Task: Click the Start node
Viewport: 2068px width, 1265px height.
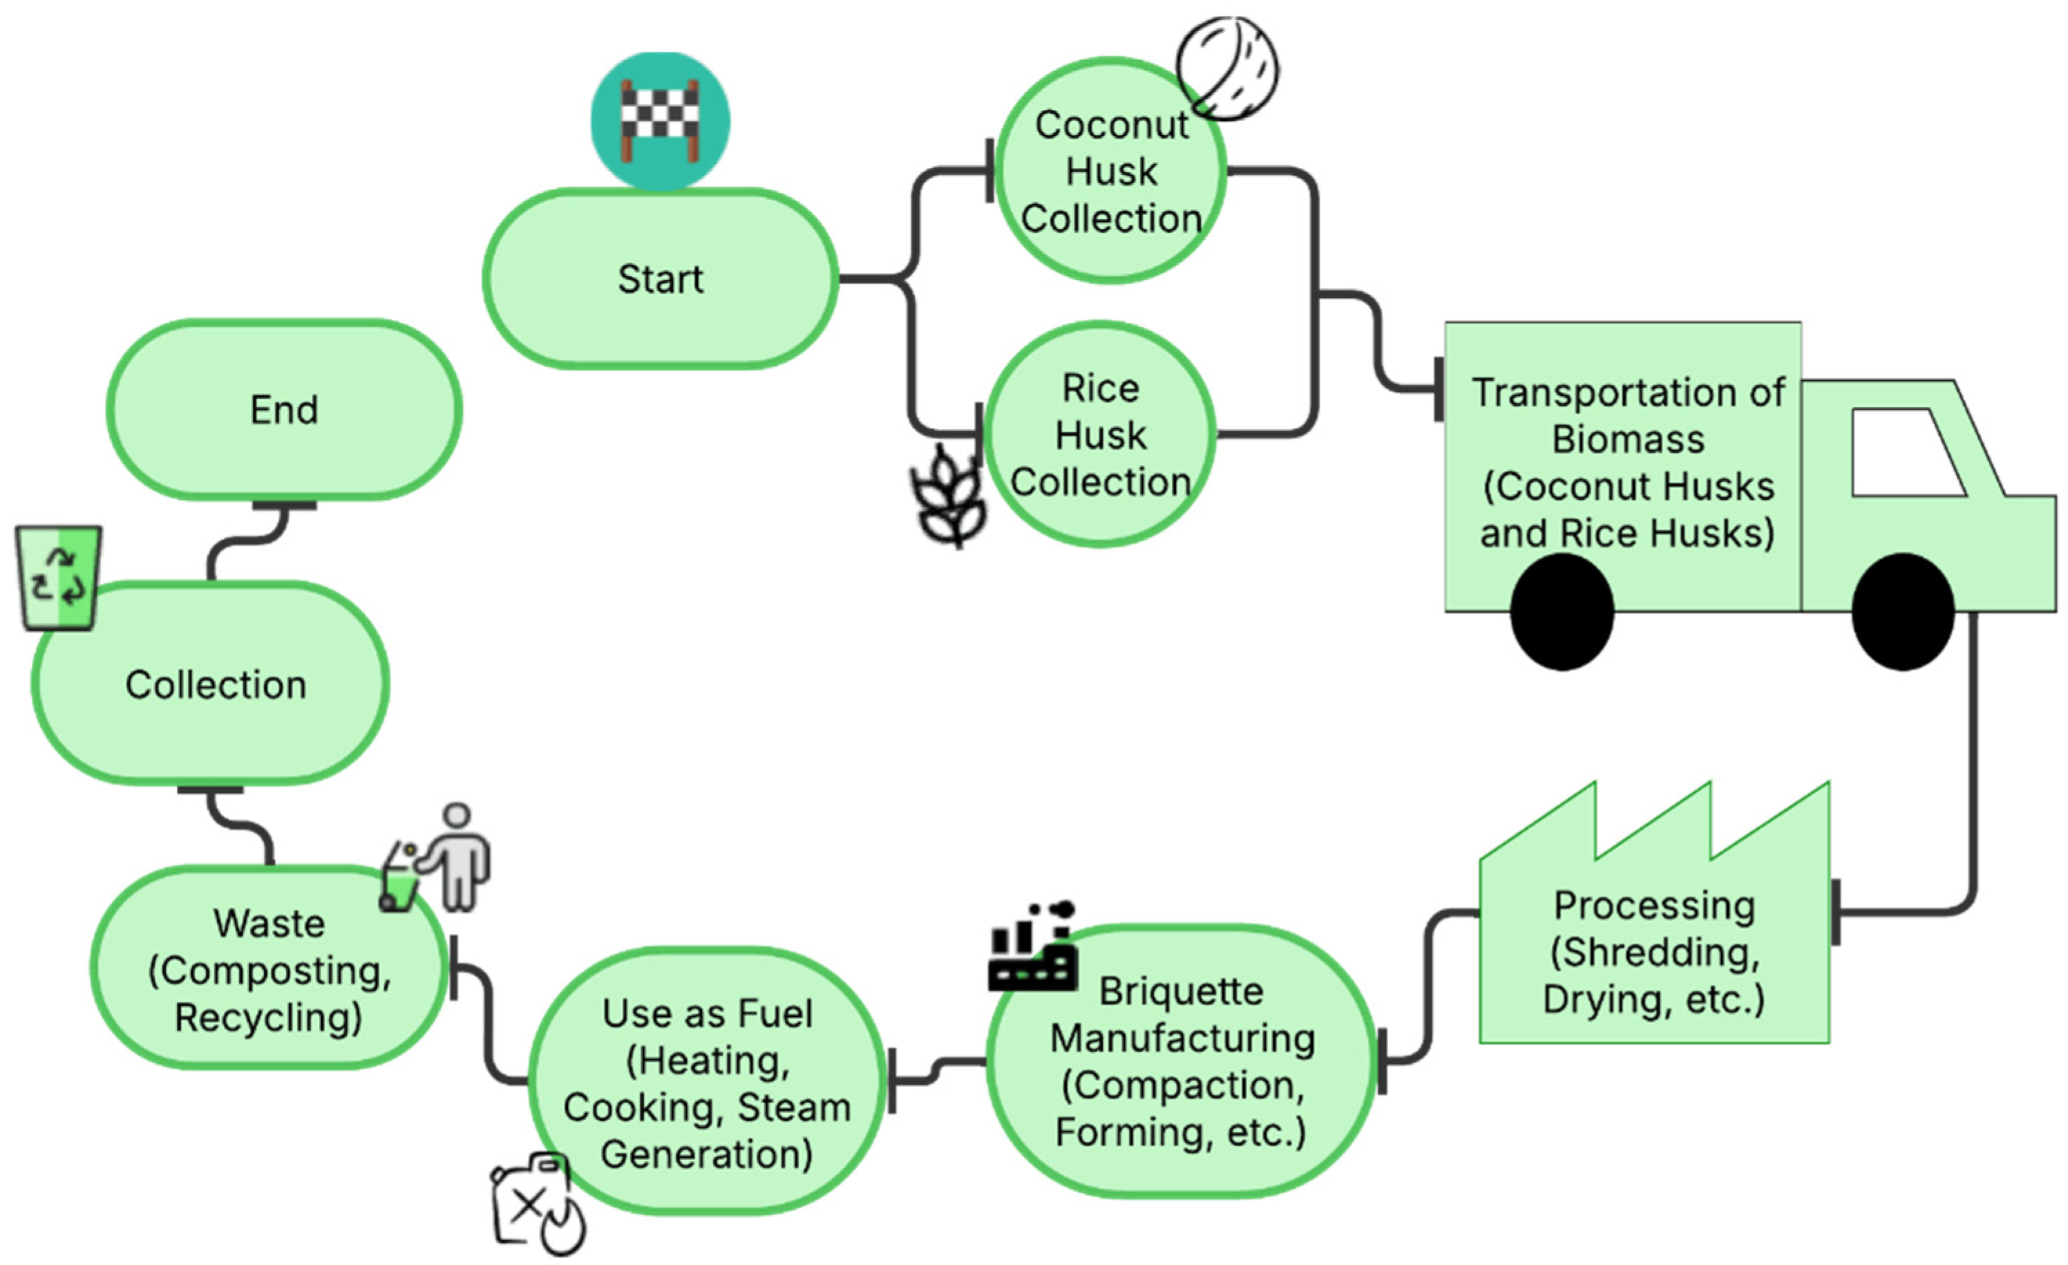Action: click(x=661, y=279)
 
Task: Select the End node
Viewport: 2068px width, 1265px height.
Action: click(x=284, y=411)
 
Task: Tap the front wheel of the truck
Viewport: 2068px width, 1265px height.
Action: click(x=1903, y=612)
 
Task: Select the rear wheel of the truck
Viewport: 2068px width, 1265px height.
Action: click(x=1562, y=612)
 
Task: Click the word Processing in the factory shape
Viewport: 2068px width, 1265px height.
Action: click(x=1653, y=906)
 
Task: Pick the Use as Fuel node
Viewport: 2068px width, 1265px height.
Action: click(x=707, y=1083)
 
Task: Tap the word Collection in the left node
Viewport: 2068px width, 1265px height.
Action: click(x=216, y=685)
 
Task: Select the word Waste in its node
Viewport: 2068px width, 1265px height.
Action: click(x=269, y=924)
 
